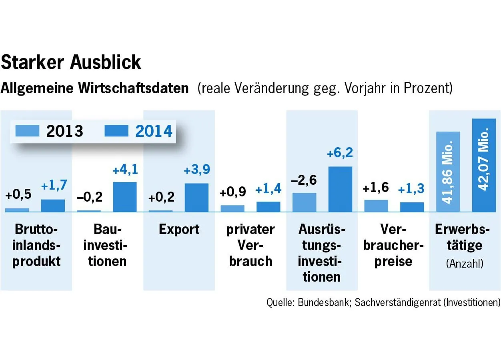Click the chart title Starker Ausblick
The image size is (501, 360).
[x=71, y=62]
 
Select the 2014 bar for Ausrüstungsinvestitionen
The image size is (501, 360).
[x=340, y=189]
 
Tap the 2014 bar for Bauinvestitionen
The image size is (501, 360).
[x=125, y=196]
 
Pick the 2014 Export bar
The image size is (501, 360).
[x=196, y=197]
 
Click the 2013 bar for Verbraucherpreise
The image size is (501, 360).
[x=376, y=206]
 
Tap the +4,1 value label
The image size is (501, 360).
[x=125, y=170]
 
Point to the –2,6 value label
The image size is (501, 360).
[x=304, y=180]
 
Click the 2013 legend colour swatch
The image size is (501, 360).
[x=27, y=131]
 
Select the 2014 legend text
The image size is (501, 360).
[x=154, y=131]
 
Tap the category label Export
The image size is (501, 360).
[x=179, y=230]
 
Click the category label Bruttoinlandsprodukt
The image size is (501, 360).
[x=36, y=245]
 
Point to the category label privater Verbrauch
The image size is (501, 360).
[x=250, y=245]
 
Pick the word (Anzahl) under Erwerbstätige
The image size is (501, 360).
[x=464, y=264]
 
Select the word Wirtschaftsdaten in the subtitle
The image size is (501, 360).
[x=133, y=88]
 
